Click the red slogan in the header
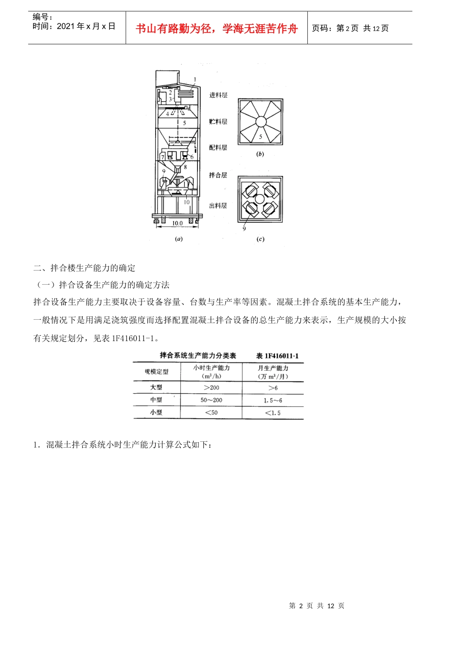(216, 29)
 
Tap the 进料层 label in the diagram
(218, 95)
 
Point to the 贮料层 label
(218, 122)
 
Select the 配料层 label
(218, 147)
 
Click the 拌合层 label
(218, 175)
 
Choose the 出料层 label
(218, 206)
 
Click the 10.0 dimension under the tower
(177, 223)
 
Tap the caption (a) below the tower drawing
(178, 239)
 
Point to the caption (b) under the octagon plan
(260, 154)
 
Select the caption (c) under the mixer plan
(260, 239)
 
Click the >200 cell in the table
(212, 388)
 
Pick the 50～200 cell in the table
(212, 400)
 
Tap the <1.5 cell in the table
(273, 413)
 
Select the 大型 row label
(156, 387)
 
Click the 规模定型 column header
(157, 372)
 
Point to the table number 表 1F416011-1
(278, 356)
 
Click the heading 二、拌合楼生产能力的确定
(85, 268)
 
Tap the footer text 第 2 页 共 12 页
(317, 606)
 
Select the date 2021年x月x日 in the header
(74, 26)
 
